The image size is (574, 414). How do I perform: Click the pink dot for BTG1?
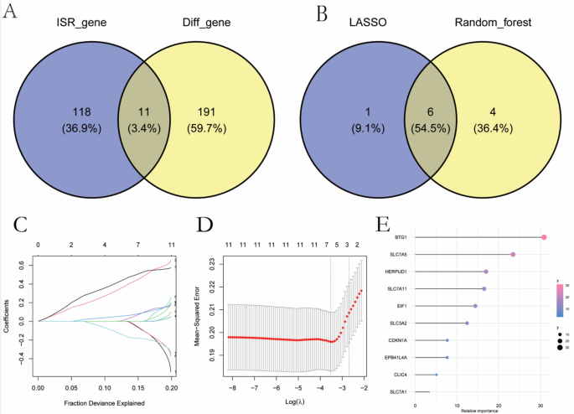tap(544, 238)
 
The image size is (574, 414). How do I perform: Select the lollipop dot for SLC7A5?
tap(513, 255)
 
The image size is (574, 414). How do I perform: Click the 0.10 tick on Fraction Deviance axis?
tap(105, 390)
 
